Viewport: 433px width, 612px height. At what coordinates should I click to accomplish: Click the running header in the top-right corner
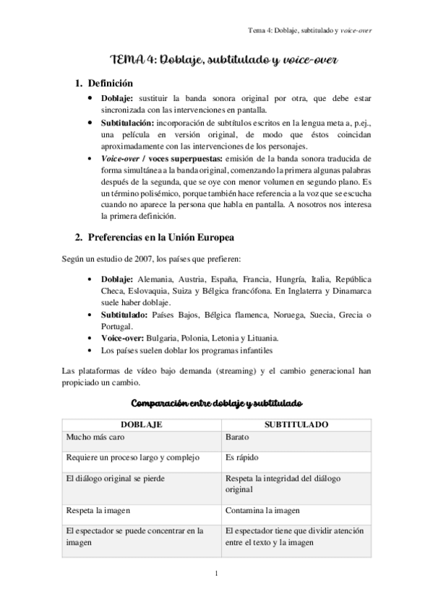pos(314,32)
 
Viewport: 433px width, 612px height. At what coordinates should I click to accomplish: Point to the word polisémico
pos(152,195)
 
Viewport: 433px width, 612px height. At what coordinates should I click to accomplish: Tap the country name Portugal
pos(117,325)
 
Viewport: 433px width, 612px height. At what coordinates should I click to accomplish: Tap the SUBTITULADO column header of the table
pos(296,425)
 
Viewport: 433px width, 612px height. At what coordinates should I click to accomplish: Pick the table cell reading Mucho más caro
pos(90,437)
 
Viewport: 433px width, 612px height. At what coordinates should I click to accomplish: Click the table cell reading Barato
pos(237,437)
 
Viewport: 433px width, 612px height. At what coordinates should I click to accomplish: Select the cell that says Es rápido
pos(241,457)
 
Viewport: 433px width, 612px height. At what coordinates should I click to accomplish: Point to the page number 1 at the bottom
pos(217,574)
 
